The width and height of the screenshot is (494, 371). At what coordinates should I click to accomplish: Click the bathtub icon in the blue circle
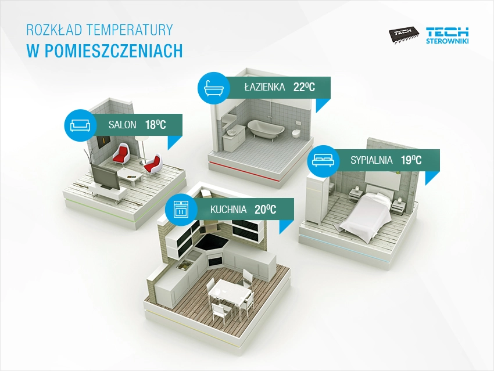[213, 88]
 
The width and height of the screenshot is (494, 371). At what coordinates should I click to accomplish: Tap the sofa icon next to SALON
[80, 125]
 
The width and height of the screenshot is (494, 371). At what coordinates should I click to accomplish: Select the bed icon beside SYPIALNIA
[323, 160]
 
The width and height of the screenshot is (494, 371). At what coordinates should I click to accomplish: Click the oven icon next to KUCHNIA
[181, 209]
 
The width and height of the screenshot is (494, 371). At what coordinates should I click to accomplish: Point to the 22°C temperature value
[304, 87]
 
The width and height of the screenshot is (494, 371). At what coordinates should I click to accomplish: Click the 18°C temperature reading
[155, 125]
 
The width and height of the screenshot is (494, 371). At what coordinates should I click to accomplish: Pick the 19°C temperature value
[411, 160]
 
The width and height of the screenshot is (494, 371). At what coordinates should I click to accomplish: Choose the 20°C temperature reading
[265, 209]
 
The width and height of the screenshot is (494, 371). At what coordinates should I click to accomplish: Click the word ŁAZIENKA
[264, 87]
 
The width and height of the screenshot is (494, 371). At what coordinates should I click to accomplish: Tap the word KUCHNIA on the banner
[228, 209]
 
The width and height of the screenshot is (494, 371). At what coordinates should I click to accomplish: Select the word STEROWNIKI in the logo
[448, 41]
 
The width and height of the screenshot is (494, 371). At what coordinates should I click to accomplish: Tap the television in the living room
[105, 177]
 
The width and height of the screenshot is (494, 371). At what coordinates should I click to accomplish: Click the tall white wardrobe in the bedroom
[316, 200]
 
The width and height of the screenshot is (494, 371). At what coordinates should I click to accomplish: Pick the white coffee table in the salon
[130, 175]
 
